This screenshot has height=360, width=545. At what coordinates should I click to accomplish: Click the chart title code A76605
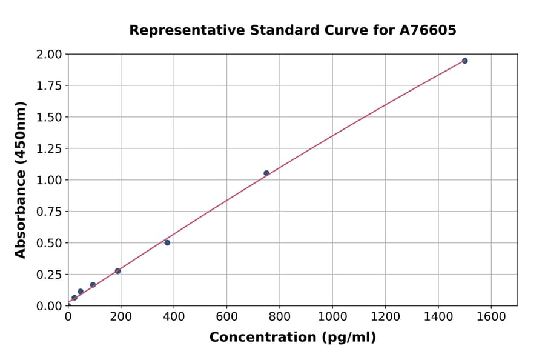coord(428,30)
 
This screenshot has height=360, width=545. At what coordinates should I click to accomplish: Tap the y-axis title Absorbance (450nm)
coord(21,180)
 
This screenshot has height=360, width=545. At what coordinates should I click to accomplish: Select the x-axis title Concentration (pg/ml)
coord(292,338)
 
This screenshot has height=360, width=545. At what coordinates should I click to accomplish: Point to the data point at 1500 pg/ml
coord(464,61)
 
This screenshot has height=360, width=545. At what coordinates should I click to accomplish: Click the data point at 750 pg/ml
coord(266,173)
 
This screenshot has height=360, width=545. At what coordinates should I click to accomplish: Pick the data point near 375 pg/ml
coord(167,242)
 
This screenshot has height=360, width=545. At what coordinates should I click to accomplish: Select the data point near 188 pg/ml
coord(117,271)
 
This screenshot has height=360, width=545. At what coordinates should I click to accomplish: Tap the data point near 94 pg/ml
coord(93,285)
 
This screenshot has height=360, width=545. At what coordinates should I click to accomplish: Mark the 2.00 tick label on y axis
coord(48,55)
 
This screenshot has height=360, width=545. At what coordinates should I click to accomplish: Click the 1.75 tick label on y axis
coord(48,86)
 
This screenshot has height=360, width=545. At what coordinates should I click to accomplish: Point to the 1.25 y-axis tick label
coord(48,148)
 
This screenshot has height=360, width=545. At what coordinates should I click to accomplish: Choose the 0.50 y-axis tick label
coord(48,243)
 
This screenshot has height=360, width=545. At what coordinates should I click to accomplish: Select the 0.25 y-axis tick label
coord(48,275)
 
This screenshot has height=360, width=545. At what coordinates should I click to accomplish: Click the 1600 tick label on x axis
coord(491,316)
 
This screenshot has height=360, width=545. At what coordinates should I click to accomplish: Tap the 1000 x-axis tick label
coord(332,316)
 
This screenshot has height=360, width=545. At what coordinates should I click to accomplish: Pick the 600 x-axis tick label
coord(226,316)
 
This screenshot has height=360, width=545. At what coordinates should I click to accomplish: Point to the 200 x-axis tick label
coord(121,316)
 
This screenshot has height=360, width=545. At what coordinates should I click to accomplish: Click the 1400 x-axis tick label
coord(438,316)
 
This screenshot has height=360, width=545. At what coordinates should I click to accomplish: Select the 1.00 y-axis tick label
coord(48,180)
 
